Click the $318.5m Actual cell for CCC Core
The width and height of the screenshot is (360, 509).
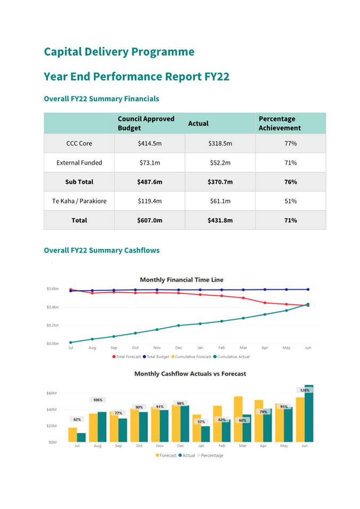coord(220,143)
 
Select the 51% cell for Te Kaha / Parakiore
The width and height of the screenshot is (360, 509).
coord(291,201)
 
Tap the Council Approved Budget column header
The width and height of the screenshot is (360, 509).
coord(146,123)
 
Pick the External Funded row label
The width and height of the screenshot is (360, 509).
coord(79,163)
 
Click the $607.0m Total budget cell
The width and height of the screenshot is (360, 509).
coord(149,220)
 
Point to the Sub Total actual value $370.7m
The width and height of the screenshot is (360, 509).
coord(220,182)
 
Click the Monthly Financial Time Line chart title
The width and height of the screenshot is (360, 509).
coord(181,279)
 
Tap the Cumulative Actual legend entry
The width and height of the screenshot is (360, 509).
coord(231,357)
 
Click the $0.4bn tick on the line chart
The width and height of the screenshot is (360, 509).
coord(52,307)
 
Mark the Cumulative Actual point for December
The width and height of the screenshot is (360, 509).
coord(178,325)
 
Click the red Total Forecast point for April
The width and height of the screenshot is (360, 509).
coord(265,303)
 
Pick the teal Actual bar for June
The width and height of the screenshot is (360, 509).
coord(309,414)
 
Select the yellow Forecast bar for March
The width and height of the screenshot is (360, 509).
coord(238,419)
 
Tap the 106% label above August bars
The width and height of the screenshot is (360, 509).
coord(98,400)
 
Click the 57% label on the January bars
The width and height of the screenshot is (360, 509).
coord(201,422)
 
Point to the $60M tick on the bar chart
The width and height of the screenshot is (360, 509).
coord(51,393)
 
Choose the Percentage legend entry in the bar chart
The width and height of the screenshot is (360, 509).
coord(210,456)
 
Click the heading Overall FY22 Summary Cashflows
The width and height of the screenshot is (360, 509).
coord(102,251)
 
